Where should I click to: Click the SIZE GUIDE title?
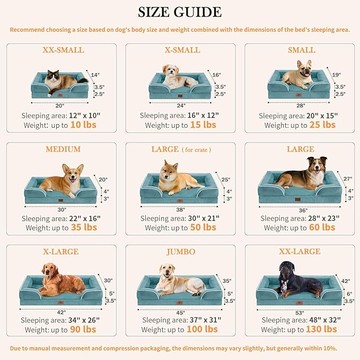[x=180, y=12]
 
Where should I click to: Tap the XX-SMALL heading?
[x=63, y=50]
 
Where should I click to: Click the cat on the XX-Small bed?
[x=59, y=81]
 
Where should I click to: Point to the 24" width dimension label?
[x=181, y=105]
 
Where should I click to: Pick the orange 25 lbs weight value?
[x=322, y=125]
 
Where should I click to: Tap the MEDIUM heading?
[x=63, y=150]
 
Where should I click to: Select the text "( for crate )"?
[x=196, y=150]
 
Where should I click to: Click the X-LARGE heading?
[x=63, y=251]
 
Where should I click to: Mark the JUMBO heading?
[x=181, y=251]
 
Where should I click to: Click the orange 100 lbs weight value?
[x=201, y=329]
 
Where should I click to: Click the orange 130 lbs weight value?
[x=321, y=329]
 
